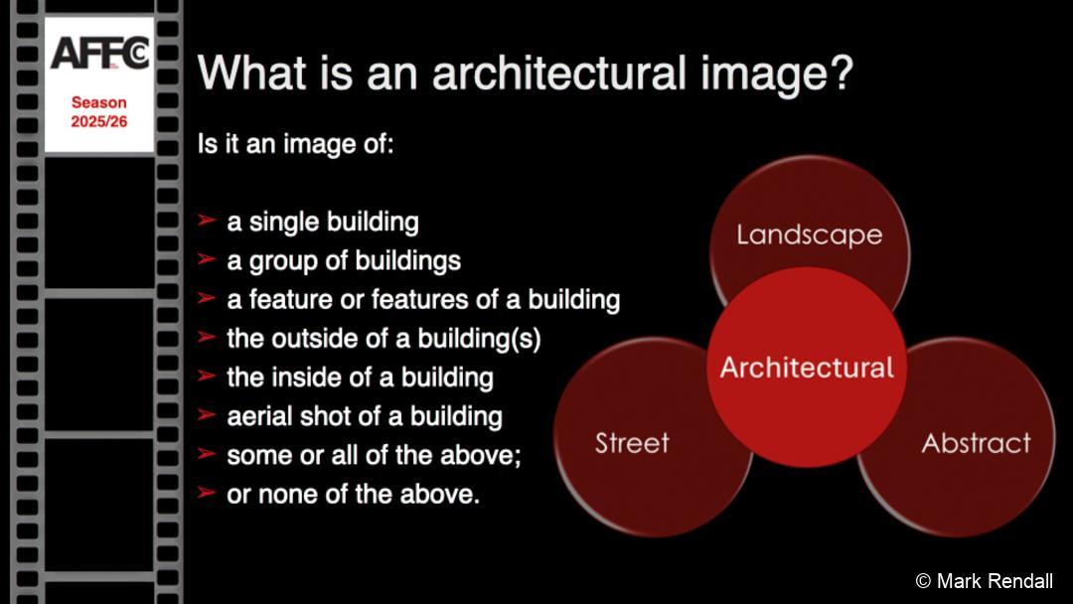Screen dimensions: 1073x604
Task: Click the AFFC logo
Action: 99,54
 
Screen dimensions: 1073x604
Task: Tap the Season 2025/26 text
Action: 99,112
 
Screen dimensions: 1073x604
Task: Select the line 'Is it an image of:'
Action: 296,144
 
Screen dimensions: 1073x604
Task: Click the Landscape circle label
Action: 810,234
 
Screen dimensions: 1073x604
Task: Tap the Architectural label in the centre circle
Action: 807,368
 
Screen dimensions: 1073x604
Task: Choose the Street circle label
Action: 632,442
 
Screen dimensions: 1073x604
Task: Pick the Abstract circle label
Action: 976,442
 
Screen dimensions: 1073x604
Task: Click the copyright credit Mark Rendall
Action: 984,581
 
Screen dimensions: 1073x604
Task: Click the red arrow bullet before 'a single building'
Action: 207,221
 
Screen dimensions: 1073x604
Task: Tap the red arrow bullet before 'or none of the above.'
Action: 207,493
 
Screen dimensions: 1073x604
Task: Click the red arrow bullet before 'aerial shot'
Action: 207,414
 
